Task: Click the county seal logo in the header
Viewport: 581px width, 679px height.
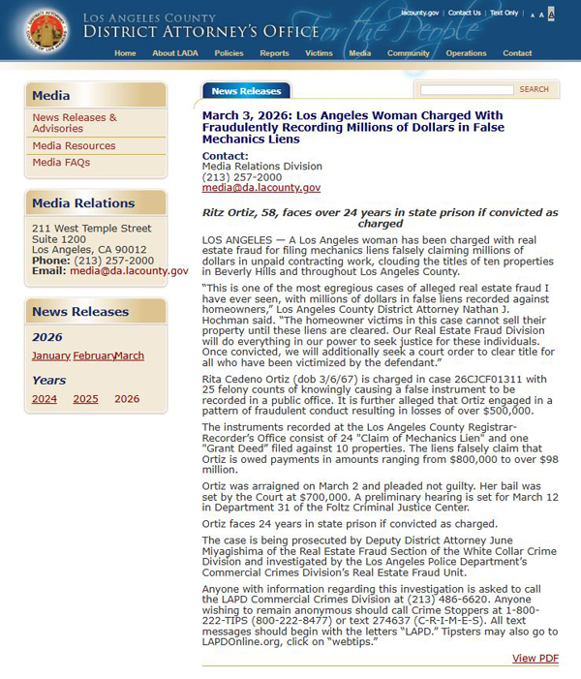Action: coord(47,30)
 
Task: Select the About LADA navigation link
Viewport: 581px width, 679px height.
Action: coord(176,53)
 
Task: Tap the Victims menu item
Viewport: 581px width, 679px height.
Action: coord(319,53)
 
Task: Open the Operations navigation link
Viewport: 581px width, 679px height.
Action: coord(466,53)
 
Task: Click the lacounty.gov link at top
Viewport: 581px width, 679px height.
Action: coord(420,13)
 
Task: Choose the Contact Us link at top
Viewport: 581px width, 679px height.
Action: coord(465,13)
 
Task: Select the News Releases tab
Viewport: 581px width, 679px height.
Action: coord(246,91)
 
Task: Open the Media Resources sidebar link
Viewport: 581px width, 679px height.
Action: coord(74,146)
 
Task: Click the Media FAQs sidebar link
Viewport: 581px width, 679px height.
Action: coord(61,163)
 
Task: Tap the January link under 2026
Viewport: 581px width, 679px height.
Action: coord(51,355)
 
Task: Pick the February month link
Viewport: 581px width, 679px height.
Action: coord(93,355)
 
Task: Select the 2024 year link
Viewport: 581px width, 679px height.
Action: coord(45,399)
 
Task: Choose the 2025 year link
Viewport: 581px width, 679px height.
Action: coord(85,399)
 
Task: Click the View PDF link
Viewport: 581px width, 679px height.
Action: coord(535,659)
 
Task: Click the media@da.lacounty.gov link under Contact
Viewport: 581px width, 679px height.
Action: coord(260,188)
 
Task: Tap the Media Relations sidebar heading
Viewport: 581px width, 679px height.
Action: coord(83,203)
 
